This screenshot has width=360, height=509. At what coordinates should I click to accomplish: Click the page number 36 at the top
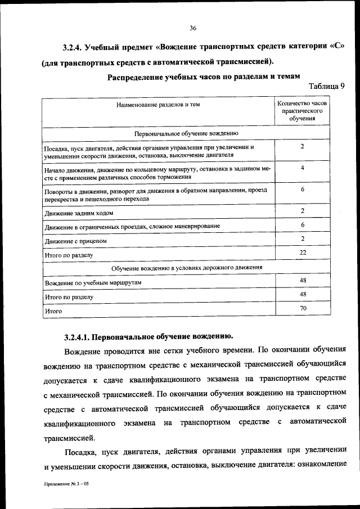192,28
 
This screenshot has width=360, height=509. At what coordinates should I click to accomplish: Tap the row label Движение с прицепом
75,241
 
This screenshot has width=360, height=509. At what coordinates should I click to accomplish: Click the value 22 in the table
303,253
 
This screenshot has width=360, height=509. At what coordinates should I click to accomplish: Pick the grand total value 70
303,308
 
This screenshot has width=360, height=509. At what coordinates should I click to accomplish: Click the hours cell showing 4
303,168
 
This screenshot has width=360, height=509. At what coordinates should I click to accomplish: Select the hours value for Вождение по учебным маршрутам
303,280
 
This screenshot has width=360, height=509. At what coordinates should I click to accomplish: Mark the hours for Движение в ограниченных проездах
303,224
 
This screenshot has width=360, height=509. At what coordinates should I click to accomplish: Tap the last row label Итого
53,310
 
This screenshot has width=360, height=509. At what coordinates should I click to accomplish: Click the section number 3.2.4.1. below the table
76,337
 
